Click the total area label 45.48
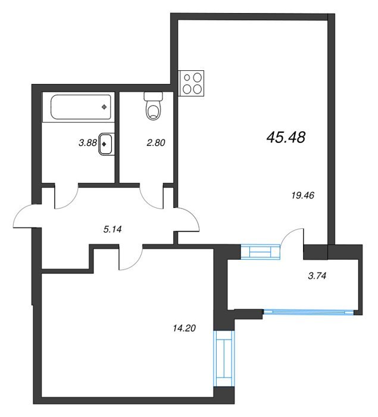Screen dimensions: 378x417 click(x=286, y=138)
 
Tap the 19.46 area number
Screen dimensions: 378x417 click(x=303, y=195)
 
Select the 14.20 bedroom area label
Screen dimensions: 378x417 click(x=184, y=328)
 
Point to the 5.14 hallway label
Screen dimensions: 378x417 click(x=113, y=229)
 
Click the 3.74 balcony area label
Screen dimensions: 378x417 click(x=317, y=276)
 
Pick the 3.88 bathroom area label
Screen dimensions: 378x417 click(x=88, y=143)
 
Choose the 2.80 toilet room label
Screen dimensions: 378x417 click(x=156, y=143)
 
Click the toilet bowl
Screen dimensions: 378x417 click(x=154, y=111)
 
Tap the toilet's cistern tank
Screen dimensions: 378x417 click(x=154, y=97)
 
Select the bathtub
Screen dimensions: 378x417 click(x=80, y=107)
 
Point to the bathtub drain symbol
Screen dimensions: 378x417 click(x=104, y=107)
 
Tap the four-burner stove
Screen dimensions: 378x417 click(x=191, y=83)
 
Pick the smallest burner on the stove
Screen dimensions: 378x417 click(x=187, y=77)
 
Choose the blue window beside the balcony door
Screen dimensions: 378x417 click(x=261, y=251)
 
